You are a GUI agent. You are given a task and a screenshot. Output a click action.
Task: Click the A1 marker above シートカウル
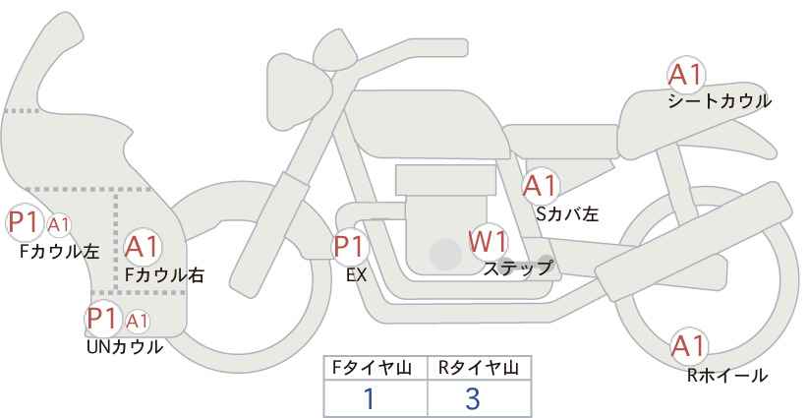(x=686, y=76)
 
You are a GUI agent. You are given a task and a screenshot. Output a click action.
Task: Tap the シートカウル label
(x=720, y=101)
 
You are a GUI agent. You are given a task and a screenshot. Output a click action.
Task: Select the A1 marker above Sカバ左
(x=540, y=186)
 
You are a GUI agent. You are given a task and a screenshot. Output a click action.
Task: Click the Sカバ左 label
(x=567, y=213)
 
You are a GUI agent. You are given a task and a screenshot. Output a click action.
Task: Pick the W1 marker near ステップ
(x=488, y=241)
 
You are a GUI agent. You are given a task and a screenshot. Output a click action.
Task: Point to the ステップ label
(x=517, y=269)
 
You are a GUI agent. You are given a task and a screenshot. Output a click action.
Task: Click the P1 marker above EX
(x=350, y=247)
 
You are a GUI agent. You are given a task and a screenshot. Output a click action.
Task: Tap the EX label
(x=356, y=275)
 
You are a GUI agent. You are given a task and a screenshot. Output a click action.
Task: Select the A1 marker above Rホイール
(x=688, y=346)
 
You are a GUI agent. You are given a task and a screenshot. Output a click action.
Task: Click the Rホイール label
(x=727, y=376)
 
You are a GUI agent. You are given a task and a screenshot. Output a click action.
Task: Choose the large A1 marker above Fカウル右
(x=143, y=247)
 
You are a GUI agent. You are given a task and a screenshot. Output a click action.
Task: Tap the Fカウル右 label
(x=164, y=275)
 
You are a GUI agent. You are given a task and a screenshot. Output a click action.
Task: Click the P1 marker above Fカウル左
(x=25, y=223)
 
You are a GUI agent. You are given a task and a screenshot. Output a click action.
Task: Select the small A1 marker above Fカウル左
(x=59, y=224)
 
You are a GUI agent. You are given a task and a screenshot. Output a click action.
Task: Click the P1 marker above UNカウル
(x=103, y=319)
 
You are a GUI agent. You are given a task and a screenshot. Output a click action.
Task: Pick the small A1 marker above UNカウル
(x=137, y=321)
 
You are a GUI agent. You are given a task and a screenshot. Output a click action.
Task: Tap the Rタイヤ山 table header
(x=479, y=368)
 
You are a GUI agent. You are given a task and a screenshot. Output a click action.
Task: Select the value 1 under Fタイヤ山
(x=369, y=398)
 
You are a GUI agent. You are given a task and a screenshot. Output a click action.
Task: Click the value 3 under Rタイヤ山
(x=472, y=398)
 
